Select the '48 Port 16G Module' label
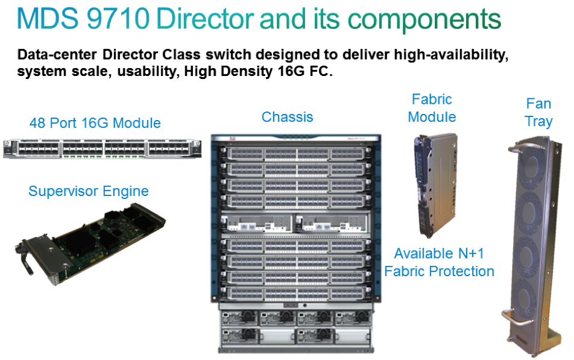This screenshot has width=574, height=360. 95,124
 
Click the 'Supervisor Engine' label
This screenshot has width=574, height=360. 89,192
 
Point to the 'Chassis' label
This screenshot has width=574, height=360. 288,116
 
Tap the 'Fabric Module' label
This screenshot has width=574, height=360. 432,108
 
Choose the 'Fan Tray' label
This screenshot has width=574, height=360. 538,113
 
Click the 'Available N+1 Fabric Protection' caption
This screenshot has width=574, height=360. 440,262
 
